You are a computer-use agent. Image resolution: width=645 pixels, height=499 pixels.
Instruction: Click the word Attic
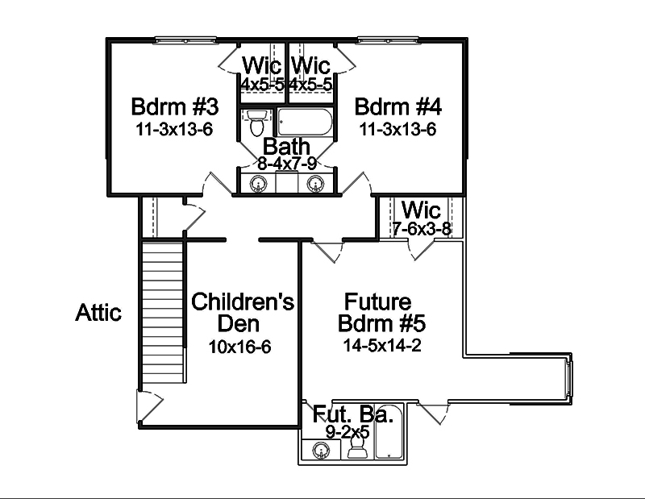click(x=99, y=312)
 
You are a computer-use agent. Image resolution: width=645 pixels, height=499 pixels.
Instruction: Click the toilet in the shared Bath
click(x=256, y=123)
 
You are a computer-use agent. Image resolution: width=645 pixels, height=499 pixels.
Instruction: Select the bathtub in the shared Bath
click(x=302, y=123)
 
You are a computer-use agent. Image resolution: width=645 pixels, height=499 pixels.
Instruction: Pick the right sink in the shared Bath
click(x=315, y=184)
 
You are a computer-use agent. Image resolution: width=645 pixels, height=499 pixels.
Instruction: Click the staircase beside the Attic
click(x=164, y=314)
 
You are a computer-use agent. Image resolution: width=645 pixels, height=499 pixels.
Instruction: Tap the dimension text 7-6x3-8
click(x=422, y=229)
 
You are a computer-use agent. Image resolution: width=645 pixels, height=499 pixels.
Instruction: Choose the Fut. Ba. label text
click(x=352, y=415)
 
